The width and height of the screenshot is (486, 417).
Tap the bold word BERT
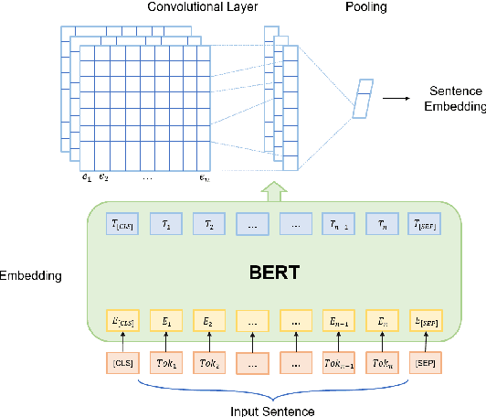[274, 272]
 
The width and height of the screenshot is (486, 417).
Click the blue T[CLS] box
[121, 224]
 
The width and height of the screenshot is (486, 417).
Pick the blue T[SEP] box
[428, 224]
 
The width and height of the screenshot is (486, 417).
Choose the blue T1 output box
[165, 224]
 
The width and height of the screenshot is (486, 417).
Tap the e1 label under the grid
[86, 177]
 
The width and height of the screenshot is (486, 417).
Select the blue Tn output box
[384, 224]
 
